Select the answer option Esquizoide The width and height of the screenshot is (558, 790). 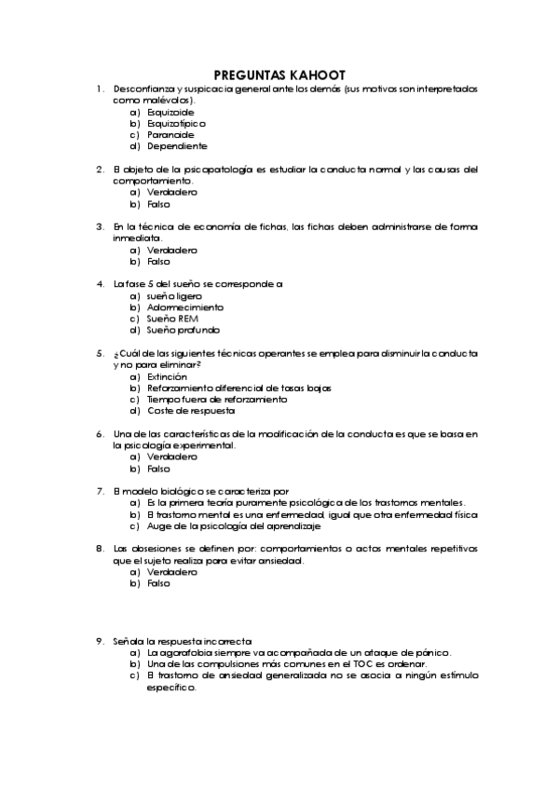[170, 111]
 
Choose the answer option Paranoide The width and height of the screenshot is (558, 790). [170, 134]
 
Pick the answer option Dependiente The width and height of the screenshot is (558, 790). [176, 145]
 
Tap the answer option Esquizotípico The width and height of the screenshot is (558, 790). [176, 122]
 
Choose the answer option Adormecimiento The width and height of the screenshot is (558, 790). [184, 306]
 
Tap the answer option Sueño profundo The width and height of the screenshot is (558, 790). [183, 330]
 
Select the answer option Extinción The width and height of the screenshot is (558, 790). [167, 376]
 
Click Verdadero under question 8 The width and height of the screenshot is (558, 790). [171, 572]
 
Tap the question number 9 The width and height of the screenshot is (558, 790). [99, 641]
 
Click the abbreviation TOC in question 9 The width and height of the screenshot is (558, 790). [365, 663]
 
